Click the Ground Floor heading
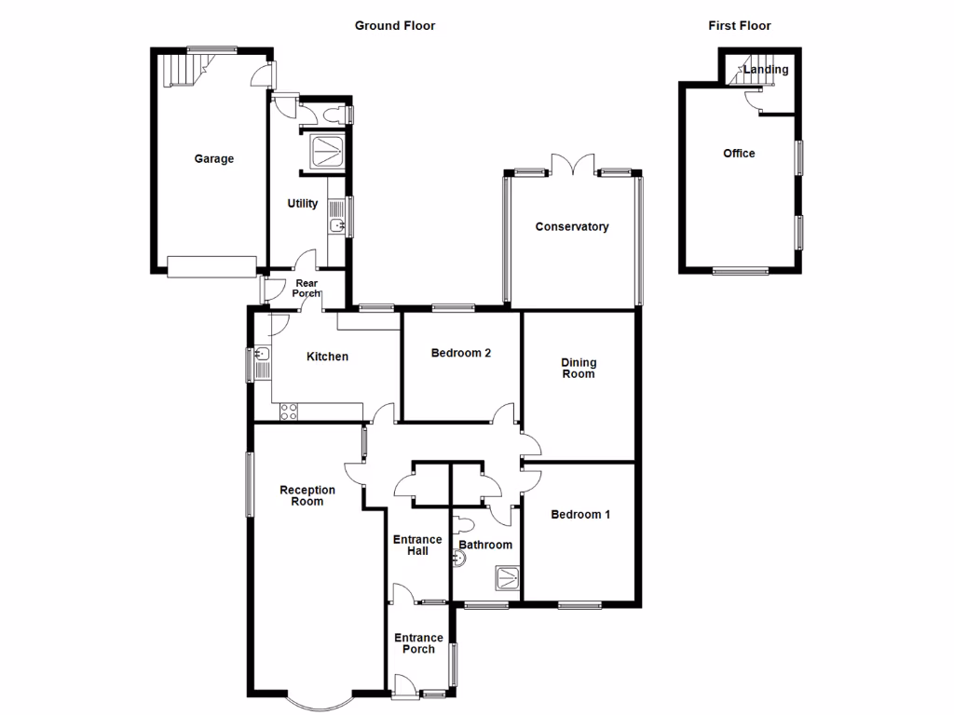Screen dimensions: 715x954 point(394,26)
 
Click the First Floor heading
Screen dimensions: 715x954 point(739,26)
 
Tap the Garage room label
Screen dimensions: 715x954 point(213,159)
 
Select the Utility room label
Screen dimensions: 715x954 point(303,204)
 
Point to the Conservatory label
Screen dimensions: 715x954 point(571,227)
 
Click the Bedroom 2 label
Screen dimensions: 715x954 point(460,354)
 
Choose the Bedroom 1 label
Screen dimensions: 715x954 point(579,515)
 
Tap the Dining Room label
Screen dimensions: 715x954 point(578,369)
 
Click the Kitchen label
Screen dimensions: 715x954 point(328,357)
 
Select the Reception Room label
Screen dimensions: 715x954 point(307,496)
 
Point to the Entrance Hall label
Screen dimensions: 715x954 point(417,546)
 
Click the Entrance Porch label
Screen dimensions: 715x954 point(418,643)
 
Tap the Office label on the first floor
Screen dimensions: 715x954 point(739,154)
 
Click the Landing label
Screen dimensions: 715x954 point(769,70)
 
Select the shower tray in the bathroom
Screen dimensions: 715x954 point(508,578)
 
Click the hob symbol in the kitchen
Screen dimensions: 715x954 point(289,410)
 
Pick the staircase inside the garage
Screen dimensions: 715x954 point(184,69)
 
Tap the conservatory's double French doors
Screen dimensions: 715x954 point(572,165)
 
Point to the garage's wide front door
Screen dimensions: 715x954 point(211,267)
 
